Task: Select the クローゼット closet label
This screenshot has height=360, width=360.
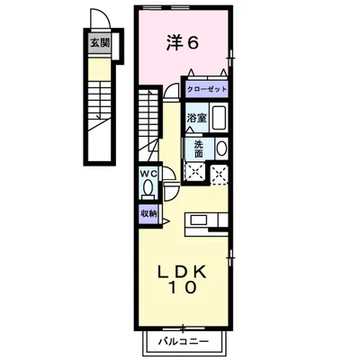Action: point(205,89)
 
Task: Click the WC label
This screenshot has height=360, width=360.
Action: point(148,175)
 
